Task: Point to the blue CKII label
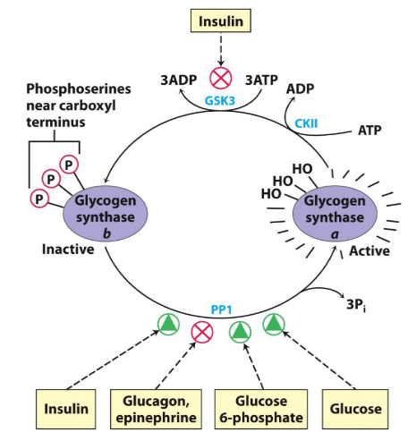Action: click(x=308, y=131)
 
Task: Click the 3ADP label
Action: click(x=180, y=80)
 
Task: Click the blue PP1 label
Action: click(x=221, y=309)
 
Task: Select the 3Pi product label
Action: click(x=358, y=303)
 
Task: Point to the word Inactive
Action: click(x=68, y=249)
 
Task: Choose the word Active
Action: click(x=368, y=253)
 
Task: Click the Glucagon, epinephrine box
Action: click(x=155, y=409)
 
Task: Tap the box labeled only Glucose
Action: click(x=355, y=409)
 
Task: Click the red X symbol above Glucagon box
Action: click(x=204, y=332)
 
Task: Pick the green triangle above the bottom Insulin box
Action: click(x=167, y=324)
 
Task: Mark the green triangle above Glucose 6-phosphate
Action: click(x=240, y=332)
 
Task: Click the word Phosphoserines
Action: click(x=72, y=89)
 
